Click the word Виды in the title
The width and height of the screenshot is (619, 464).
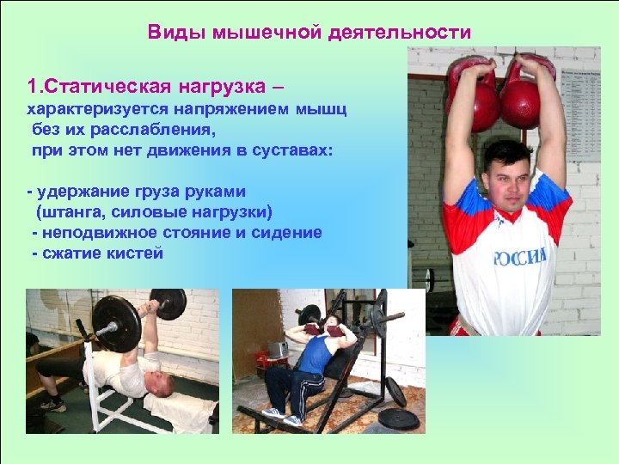pyautogui.click(x=171, y=33)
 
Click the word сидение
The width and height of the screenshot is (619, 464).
pyautogui.click(x=289, y=233)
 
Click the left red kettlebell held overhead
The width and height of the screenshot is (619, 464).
pyautogui.click(x=473, y=95)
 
